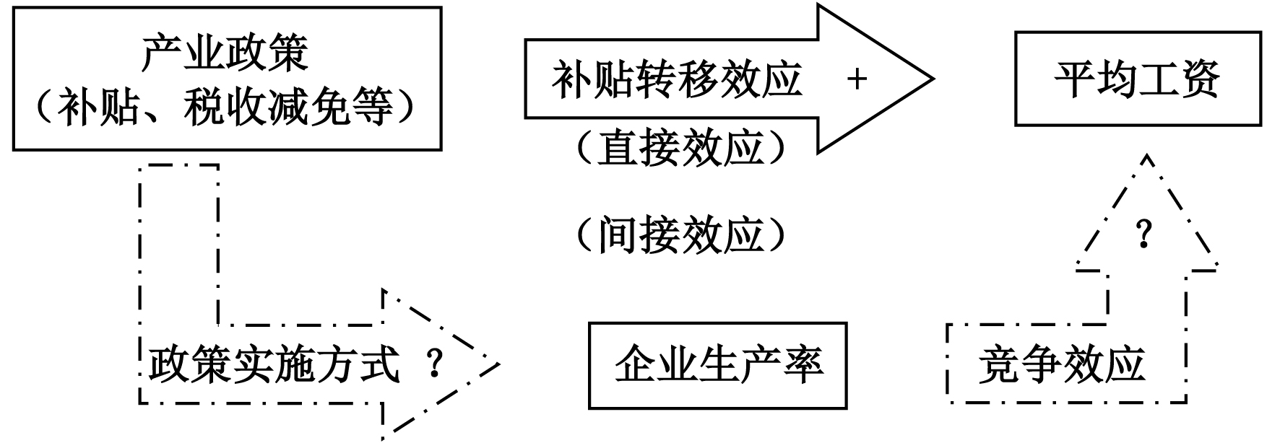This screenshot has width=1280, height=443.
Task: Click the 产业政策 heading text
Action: coord(225,53)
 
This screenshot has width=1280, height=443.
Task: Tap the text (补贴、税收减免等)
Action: coord(225,108)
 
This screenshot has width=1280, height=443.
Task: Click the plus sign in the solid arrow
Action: coord(857,79)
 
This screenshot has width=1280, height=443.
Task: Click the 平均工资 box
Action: coord(1137,79)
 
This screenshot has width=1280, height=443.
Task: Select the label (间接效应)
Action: coord(680,235)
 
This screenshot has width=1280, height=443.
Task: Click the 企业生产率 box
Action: coord(717,365)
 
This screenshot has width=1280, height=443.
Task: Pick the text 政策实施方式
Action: coord(274,365)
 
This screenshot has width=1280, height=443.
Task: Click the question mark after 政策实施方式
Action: coord(434,365)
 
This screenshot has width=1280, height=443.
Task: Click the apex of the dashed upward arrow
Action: coord(1146,156)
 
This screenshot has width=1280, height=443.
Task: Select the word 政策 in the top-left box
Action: coord(267,53)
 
